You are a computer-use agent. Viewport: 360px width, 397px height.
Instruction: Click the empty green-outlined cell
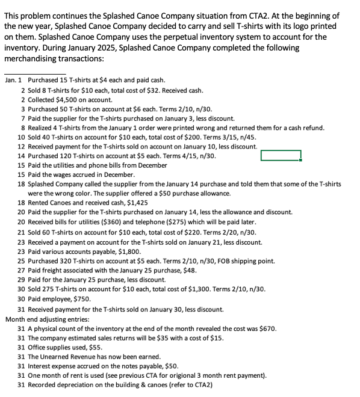pos(281,156)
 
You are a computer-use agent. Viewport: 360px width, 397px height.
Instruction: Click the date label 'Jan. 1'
pos(13,80)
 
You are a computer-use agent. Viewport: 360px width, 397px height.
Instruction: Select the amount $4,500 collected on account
pos(64,99)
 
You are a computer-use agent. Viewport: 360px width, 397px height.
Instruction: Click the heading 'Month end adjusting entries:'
pos(48,319)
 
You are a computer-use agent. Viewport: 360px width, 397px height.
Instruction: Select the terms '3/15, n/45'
pos(229,137)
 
